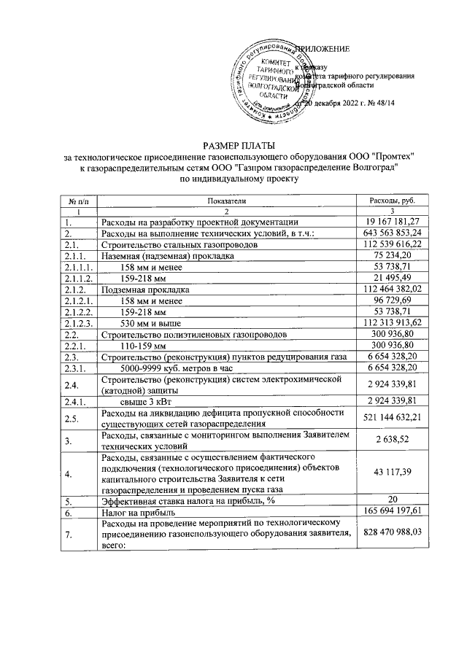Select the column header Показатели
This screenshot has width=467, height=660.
pyautogui.click(x=227, y=201)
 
